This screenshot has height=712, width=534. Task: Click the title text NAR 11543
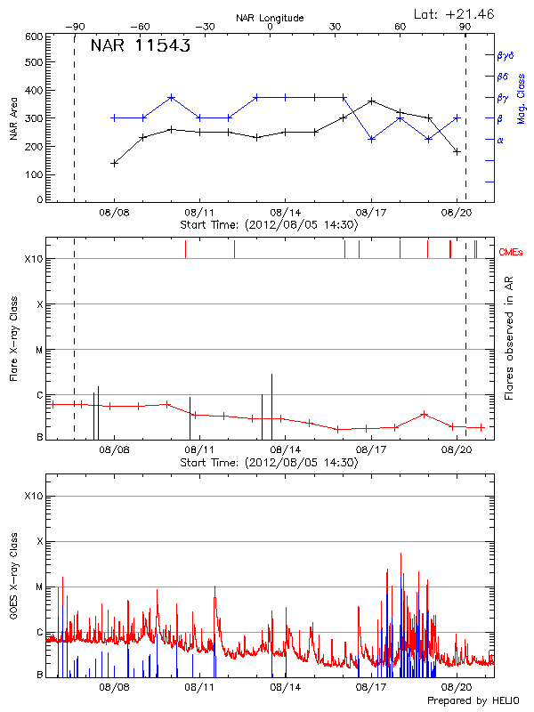pos(141,47)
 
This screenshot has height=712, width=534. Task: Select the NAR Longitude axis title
pos(270,17)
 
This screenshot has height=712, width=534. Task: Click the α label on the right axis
pos(500,140)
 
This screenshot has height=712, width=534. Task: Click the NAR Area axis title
pos(12,118)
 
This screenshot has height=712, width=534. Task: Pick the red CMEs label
pos(511,253)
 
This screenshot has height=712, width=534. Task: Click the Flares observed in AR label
pos(509,337)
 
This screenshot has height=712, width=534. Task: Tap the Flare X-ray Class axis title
pos(12,339)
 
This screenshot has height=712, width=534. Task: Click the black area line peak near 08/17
pos(371,101)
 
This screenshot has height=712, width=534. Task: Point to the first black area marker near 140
pos(114,163)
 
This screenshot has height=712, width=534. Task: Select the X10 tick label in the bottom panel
pos(33,496)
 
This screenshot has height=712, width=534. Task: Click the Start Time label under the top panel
pos(269,225)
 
